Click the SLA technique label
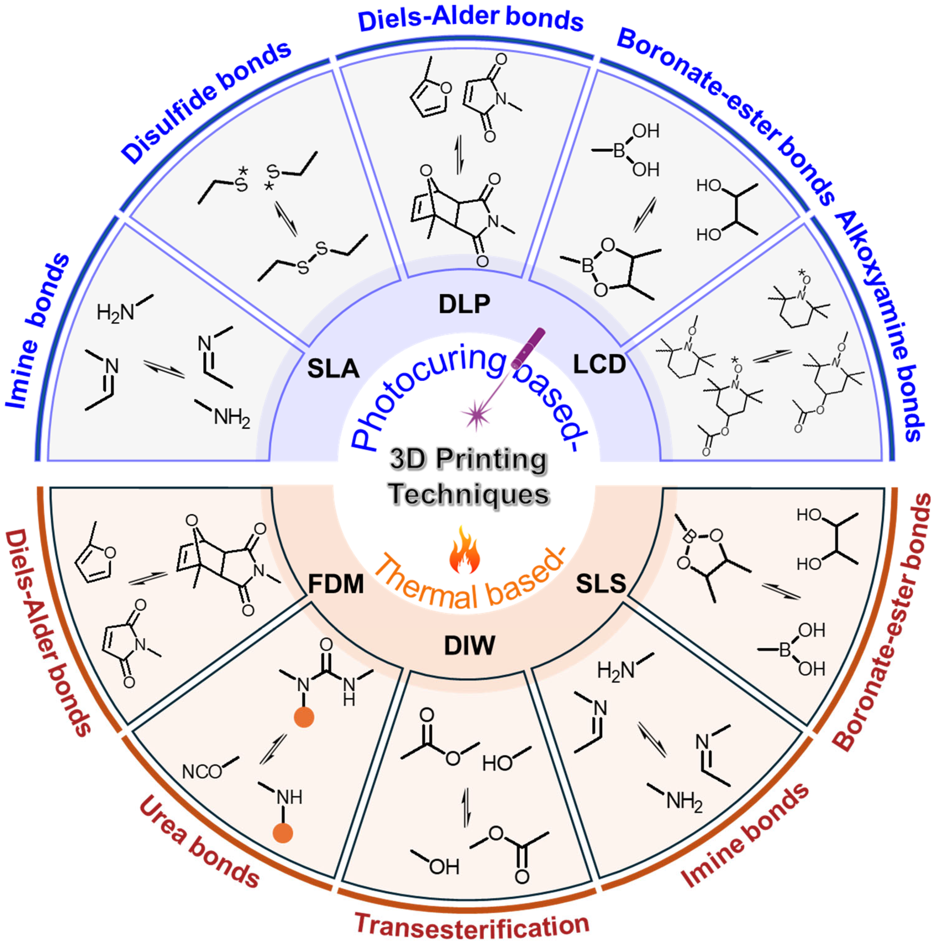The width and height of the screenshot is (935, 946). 333,368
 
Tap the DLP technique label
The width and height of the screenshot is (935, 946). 464,304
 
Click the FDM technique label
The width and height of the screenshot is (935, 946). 336,584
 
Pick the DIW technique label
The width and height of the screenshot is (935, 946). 469,645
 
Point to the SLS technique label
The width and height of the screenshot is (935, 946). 601,583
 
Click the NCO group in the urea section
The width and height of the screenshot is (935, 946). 201,772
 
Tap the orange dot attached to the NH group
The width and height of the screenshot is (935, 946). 283,833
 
